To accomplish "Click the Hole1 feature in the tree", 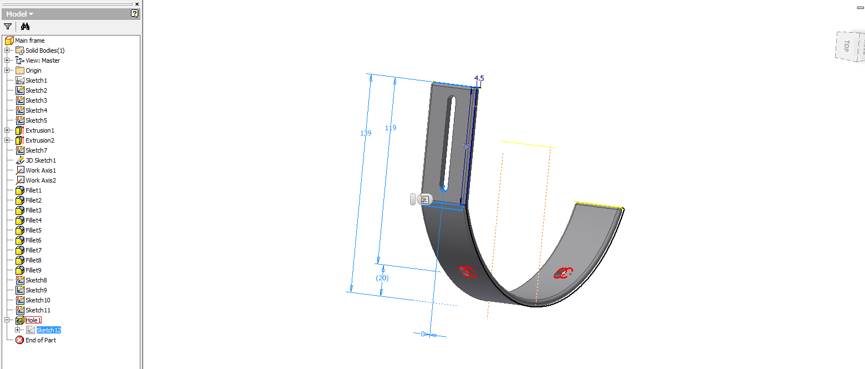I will pyautogui.click(x=33, y=320).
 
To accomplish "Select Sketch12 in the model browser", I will pyautogui.click(x=48, y=330).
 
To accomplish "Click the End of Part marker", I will pyautogui.click(x=41, y=340).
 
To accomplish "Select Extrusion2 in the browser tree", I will pyautogui.click(x=39, y=140).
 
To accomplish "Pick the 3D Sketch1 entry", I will pyautogui.click(x=41, y=160).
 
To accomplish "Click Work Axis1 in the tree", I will pyautogui.click(x=41, y=170).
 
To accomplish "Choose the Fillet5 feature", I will pyautogui.click(x=33, y=230).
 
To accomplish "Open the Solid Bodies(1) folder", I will pyautogui.click(x=45, y=50).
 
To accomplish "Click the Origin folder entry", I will pyautogui.click(x=33, y=70).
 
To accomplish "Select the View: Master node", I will pyautogui.click(x=43, y=60).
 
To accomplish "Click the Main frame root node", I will pyautogui.click(x=29, y=41).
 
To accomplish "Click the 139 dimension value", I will pyautogui.click(x=366, y=133).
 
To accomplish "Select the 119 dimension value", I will pyautogui.click(x=391, y=128).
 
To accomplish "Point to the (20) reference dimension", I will pyautogui.click(x=382, y=278).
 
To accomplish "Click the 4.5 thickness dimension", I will pyautogui.click(x=479, y=79).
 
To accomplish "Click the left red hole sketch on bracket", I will pyautogui.click(x=467, y=271).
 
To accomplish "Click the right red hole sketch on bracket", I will pyautogui.click(x=563, y=272).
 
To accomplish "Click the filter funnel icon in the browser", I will pyautogui.click(x=8, y=26).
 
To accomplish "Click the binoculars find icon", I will pyautogui.click(x=25, y=26).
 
